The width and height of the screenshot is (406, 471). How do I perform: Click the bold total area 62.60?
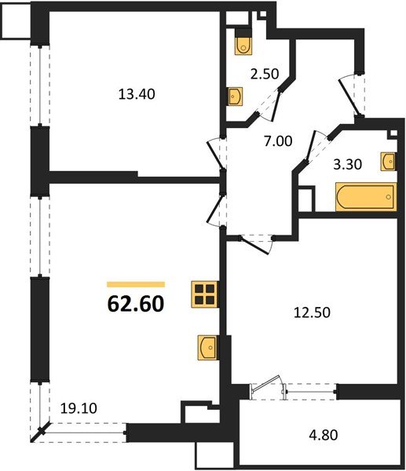coord(135,302)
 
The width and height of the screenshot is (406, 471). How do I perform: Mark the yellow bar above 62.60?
coord(135,284)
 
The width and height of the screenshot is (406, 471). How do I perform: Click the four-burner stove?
coord(203,294)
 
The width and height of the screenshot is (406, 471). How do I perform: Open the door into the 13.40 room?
coord(215,153)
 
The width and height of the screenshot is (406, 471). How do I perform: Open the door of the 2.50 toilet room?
coord(271,103)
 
